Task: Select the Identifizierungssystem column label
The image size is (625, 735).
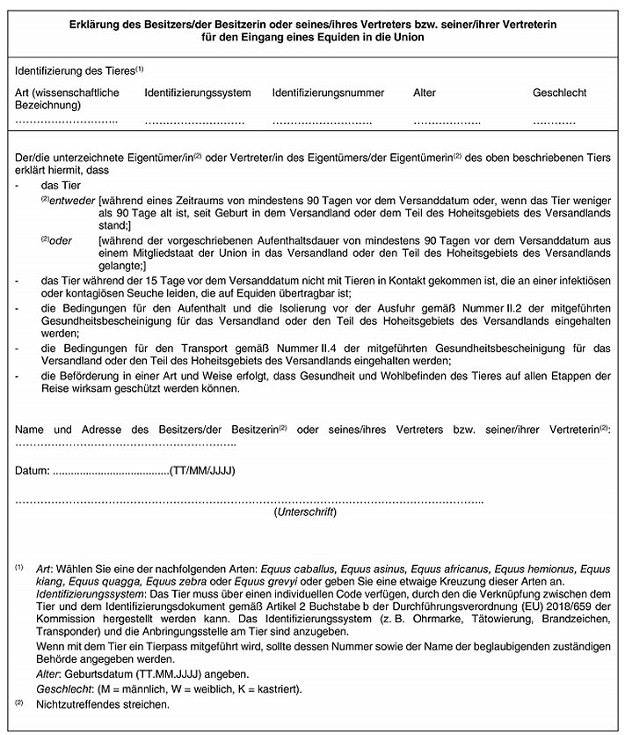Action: [x=198, y=92]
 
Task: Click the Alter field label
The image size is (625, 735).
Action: [x=425, y=92]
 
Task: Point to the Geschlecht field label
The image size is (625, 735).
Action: [x=559, y=92]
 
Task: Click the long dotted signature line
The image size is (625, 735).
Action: [x=251, y=501]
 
